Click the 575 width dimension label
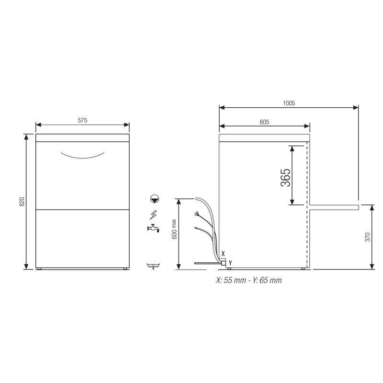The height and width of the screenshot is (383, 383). (82, 121)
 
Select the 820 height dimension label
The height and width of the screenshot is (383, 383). (22, 202)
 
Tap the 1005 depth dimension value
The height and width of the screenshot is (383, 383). (289, 103)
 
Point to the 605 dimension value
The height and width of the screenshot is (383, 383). (264, 122)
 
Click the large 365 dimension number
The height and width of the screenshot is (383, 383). (285, 178)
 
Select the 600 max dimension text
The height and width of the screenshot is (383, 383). (174, 229)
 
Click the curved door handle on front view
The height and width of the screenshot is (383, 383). (82, 155)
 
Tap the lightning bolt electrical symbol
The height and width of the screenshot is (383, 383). (154, 214)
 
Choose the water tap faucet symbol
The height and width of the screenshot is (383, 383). (153, 228)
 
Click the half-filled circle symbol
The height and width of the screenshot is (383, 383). (154, 198)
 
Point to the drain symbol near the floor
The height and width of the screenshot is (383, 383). (154, 266)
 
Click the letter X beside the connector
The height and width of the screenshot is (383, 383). (223, 253)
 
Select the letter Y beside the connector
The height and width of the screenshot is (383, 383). (230, 262)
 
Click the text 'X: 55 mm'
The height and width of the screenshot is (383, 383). (230, 281)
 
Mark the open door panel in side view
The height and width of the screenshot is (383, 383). (334, 206)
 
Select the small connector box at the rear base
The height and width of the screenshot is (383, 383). (223, 262)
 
